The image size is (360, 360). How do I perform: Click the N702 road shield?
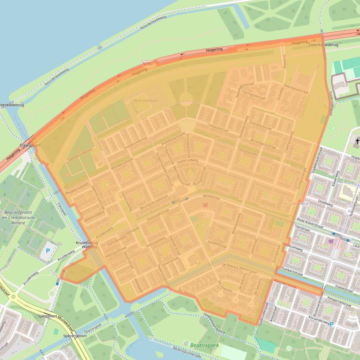148,62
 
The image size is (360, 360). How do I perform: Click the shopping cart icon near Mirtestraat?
204,205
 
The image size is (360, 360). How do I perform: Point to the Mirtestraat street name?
212,197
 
